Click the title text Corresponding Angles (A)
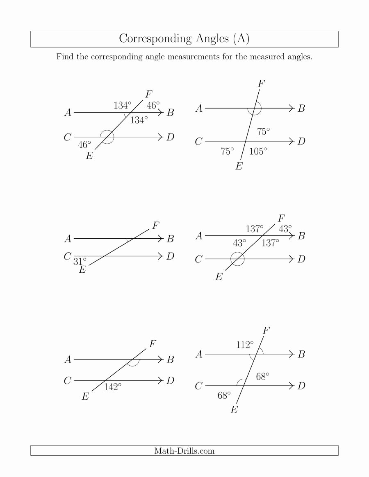coord(184,38)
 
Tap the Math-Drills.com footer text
coord(184,451)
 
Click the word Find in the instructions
coord(65,57)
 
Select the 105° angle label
coord(258,151)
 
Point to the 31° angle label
coord(80,261)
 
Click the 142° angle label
coord(112,387)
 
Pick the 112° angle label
coord(245,345)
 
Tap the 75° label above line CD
coord(264,132)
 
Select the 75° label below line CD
coord(228,151)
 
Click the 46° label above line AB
coord(153,105)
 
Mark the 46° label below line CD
coord(84,145)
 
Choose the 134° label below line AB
coord(139,120)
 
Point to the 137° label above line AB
coord(255,229)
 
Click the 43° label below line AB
coord(240,243)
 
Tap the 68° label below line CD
coord(224,395)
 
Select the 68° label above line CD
coord(263,377)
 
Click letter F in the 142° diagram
coord(152,344)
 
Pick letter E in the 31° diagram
coord(82,270)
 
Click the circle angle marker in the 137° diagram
coord(237,259)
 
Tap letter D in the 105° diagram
coord(301,142)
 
